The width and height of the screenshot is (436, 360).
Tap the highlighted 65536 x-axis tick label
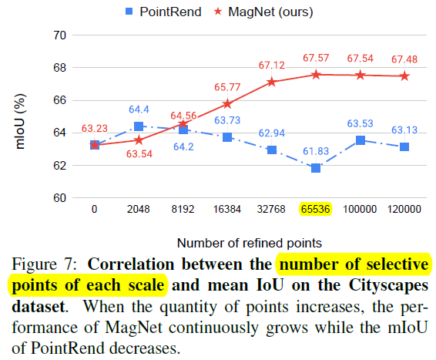[x=316, y=209]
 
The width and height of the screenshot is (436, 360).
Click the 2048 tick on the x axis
[x=139, y=209]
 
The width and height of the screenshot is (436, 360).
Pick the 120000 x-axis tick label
[x=404, y=209]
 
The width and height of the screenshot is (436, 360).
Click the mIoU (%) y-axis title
[x=21, y=117]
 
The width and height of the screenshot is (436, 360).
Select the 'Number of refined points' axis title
[x=243, y=242]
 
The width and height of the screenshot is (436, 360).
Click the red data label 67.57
[x=317, y=59]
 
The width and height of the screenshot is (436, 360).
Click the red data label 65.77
[x=228, y=88]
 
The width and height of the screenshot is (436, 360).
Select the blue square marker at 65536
[x=316, y=168]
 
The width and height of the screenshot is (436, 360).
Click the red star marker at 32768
[x=272, y=82]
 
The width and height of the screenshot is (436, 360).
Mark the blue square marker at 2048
[x=139, y=126]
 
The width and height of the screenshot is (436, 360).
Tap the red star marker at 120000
[x=404, y=76]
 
